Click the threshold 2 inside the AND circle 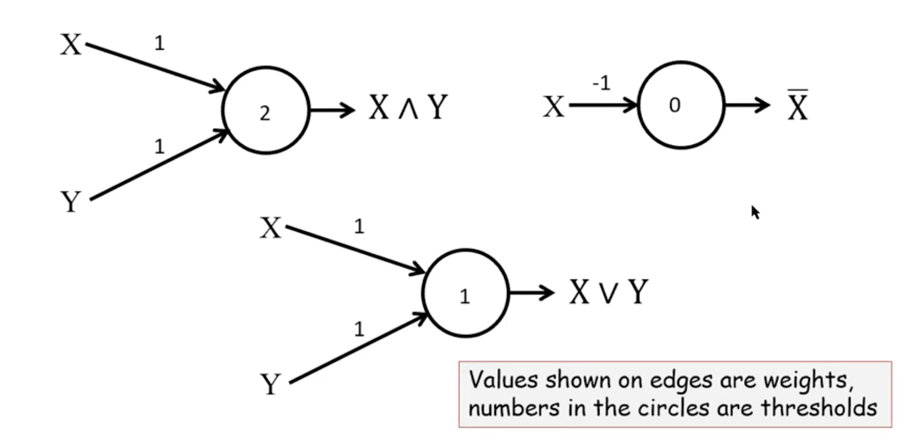(265, 113)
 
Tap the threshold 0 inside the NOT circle (675, 105)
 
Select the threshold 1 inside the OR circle (464, 297)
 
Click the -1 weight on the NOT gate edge (601, 83)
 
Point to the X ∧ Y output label (408, 107)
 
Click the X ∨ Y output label (608, 292)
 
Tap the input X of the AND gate (71, 44)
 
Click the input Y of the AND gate (71, 201)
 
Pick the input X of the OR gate (271, 228)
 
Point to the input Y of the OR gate (271, 385)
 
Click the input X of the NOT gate (553, 107)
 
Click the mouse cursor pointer (755, 212)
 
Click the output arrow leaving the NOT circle (747, 105)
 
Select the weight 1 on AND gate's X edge (159, 43)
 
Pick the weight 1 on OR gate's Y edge (359, 329)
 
